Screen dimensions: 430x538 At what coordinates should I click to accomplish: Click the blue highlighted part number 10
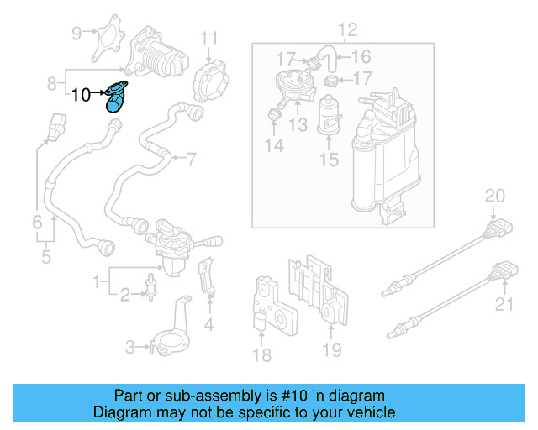pos(115,96)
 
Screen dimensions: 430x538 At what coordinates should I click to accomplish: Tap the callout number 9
pos(77,34)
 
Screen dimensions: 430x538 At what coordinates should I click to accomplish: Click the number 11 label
pos(208,38)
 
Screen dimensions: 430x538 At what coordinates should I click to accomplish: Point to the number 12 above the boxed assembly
pos(346,30)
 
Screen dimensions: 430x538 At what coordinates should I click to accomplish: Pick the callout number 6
pos(37,223)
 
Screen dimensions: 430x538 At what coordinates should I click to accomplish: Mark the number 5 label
pos(45,257)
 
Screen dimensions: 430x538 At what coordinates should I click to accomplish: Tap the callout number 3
pos(130,347)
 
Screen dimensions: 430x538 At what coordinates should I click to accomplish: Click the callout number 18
pos(262,355)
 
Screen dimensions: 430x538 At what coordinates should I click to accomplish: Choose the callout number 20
pos(494,197)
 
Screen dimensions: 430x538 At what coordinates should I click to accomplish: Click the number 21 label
pos(503,304)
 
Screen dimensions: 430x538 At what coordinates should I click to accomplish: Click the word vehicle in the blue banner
pos(370,412)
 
